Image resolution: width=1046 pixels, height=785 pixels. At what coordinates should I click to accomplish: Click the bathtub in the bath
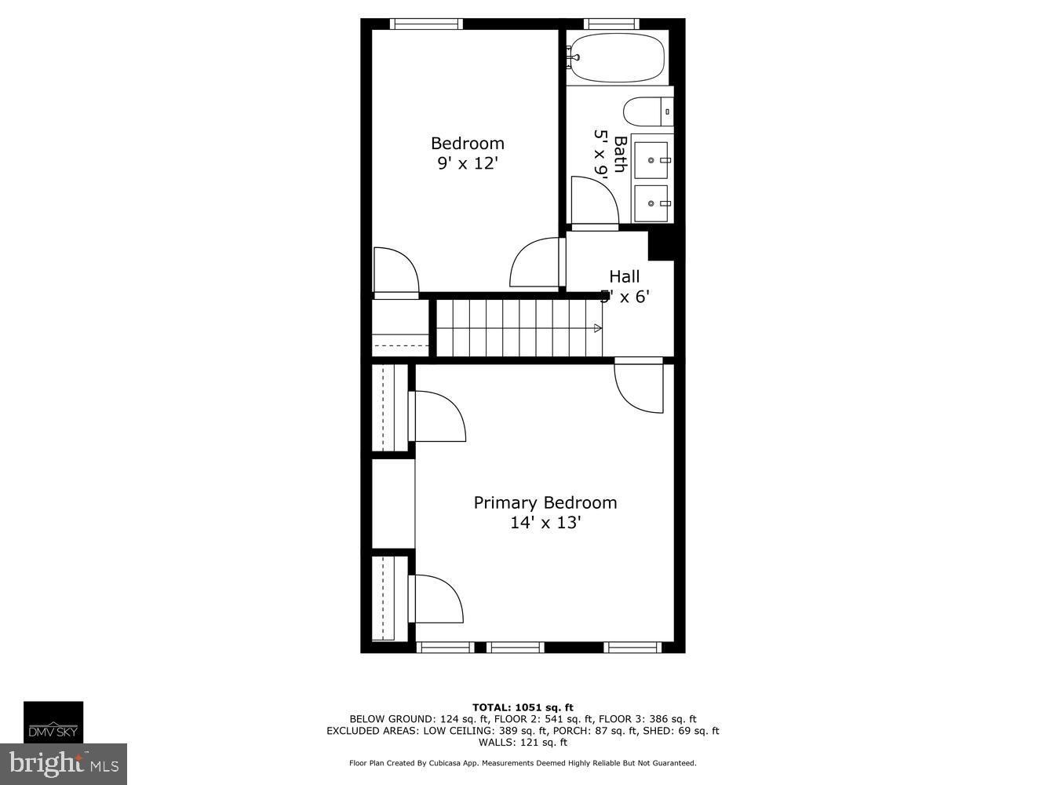tap(617, 58)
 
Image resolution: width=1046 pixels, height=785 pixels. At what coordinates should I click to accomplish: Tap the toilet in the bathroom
tap(647, 111)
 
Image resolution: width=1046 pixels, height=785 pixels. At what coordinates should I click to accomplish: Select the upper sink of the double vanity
tap(651, 160)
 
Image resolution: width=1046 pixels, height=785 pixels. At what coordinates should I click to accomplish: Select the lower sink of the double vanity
tap(651, 203)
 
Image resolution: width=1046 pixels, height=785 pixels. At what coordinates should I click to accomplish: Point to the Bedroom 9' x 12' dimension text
tap(468, 163)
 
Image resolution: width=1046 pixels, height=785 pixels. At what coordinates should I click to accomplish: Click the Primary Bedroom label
tap(545, 502)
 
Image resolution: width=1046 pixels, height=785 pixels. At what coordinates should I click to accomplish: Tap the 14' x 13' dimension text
tap(545, 522)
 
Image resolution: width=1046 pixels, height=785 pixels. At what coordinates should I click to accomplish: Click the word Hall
tap(625, 276)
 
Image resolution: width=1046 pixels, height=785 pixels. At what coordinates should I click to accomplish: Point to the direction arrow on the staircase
tap(598, 328)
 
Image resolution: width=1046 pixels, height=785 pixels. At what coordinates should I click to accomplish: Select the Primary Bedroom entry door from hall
tap(640, 386)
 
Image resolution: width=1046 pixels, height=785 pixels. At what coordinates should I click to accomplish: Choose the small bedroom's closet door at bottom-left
tap(395, 272)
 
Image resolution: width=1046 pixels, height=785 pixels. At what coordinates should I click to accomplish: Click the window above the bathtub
tap(612, 24)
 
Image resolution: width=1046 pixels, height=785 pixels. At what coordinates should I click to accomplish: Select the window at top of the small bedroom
tap(426, 24)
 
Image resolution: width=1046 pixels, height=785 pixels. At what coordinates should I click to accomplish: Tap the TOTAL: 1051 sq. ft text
tap(523, 707)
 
